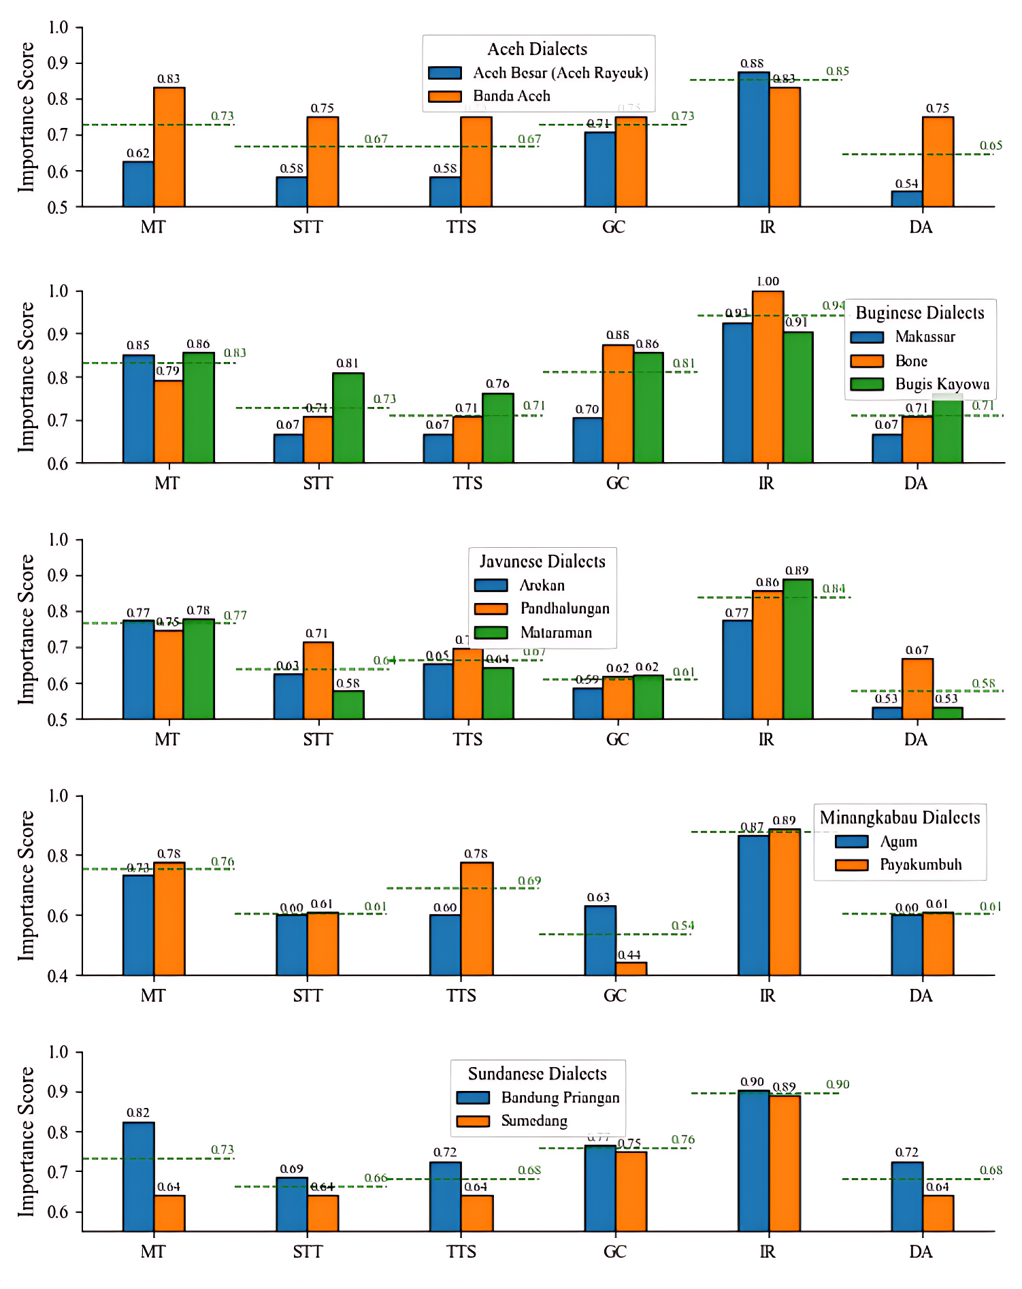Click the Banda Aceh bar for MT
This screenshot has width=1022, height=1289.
click(169, 147)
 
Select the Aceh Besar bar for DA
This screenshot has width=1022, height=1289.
click(906, 199)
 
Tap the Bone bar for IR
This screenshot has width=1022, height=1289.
click(768, 377)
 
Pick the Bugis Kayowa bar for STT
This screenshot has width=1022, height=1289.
click(348, 418)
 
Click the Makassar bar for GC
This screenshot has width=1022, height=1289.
click(587, 440)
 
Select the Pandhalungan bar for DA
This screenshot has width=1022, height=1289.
click(917, 689)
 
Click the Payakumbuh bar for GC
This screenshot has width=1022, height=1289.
click(631, 968)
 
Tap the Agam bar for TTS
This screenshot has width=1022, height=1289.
click(445, 945)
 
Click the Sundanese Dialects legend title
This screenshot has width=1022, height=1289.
click(537, 1073)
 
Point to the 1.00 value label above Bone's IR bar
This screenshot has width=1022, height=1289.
click(768, 281)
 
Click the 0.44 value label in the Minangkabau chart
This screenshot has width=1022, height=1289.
click(629, 955)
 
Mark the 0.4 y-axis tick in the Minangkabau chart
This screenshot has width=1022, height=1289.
click(59, 976)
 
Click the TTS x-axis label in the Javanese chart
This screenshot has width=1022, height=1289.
click(467, 739)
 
